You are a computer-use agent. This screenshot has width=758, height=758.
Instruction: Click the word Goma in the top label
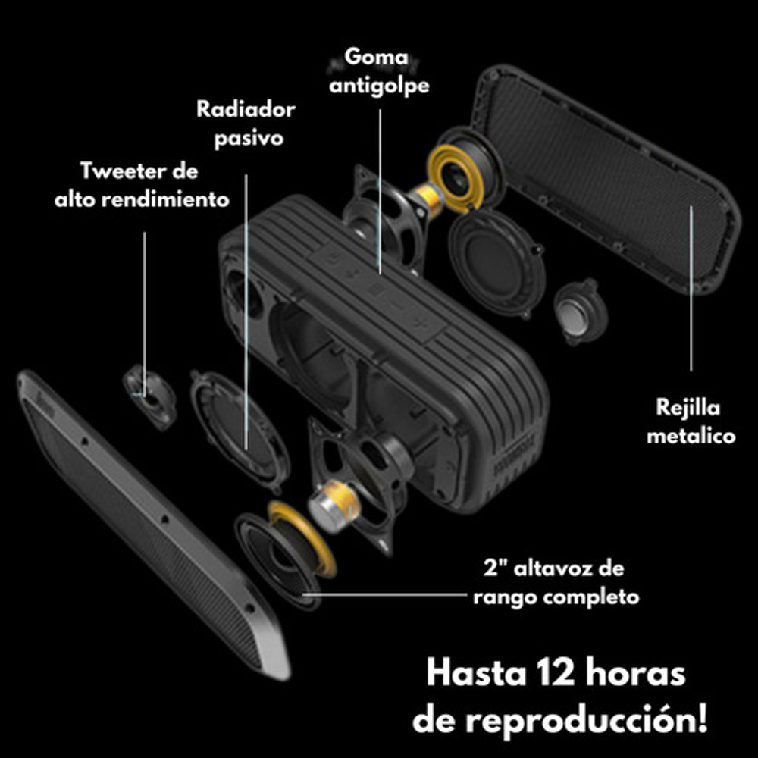coord(376,57)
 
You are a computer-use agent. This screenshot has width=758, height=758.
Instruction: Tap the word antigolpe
coord(379,86)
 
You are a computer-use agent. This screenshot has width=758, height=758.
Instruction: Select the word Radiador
coord(246,109)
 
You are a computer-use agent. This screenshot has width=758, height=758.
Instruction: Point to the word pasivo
coord(249,139)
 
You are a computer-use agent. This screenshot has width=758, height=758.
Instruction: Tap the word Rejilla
coord(688,408)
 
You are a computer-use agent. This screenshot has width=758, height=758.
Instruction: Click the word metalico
coord(691,436)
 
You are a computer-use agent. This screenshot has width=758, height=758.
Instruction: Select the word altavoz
coord(552,568)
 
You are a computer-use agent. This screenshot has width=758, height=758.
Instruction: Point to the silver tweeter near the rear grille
coord(580,312)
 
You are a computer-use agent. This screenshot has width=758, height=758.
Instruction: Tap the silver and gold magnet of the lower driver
coord(334,505)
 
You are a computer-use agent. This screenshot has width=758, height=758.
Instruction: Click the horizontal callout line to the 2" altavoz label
coord(385,594)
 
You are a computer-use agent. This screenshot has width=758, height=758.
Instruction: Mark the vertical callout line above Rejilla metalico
coord(691,288)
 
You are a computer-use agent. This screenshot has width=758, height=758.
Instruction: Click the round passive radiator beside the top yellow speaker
coord(496,264)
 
